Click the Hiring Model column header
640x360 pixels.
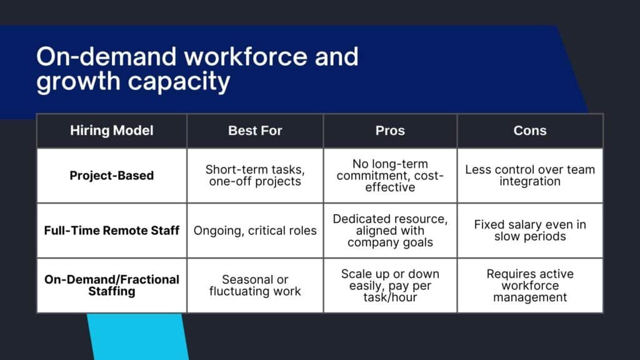(112, 131)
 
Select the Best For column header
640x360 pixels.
(255, 131)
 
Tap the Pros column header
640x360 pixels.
(390, 131)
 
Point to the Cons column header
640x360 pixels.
(530, 131)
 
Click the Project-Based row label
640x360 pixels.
(112, 176)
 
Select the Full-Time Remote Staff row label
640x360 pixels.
(112, 231)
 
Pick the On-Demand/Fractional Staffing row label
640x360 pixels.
(112, 285)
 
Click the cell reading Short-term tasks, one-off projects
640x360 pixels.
(255, 176)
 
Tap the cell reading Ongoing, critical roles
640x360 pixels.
(255, 231)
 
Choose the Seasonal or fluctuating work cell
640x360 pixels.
(255, 285)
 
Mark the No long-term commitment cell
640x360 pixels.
(390, 176)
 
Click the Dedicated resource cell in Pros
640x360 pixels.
(390, 231)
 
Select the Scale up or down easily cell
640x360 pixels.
(390, 285)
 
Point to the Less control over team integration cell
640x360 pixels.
(530, 176)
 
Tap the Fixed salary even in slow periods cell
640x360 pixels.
(530, 231)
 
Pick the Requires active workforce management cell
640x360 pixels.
(530, 285)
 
